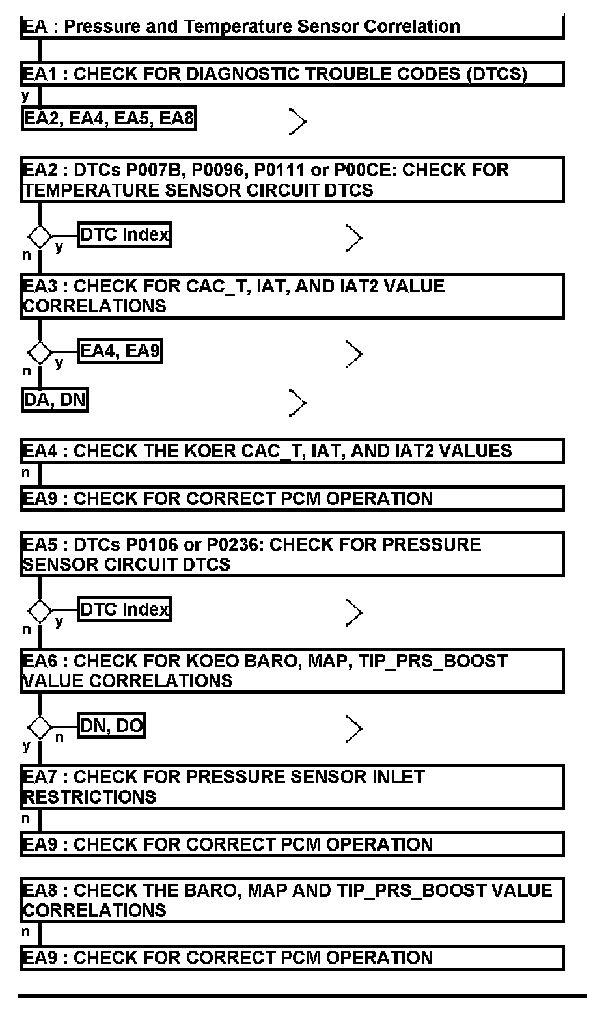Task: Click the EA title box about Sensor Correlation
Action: (x=292, y=27)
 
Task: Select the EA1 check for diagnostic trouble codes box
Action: (x=292, y=74)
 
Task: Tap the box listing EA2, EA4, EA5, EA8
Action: (x=109, y=118)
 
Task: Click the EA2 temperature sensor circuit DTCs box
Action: (x=292, y=180)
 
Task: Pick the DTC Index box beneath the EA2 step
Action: (x=124, y=234)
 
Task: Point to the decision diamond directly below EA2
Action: (x=40, y=236)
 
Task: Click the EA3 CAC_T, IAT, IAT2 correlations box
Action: (x=292, y=296)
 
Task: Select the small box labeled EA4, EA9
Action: (x=120, y=351)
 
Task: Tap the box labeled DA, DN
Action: (x=55, y=400)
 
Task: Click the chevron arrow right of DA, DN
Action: (x=297, y=403)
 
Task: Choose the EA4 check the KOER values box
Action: (x=292, y=451)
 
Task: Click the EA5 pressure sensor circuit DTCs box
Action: (x=292, y=554)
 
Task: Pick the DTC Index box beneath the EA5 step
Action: (x=124, y=609)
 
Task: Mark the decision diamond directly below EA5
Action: (x=40, y=610)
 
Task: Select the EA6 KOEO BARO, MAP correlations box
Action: (x=292, y=670)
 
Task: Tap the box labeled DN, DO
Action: (x=111, y=725)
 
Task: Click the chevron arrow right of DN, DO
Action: (x=353, y=728)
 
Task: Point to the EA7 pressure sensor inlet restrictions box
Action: (x=292, y=787)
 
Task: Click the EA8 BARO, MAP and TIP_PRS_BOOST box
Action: (x=292, y=900)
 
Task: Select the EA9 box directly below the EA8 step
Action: (x=292, y=958)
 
